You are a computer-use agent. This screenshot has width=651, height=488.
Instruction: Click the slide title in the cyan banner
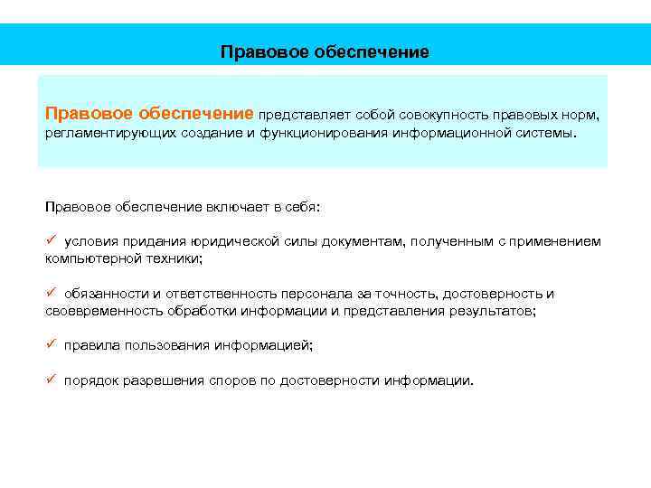point(325,52)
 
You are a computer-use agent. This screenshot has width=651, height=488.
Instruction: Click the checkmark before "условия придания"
point(52,241)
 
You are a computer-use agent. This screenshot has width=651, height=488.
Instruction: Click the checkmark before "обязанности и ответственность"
point(52,293)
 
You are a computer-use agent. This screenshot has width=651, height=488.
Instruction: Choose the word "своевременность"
point(104,311)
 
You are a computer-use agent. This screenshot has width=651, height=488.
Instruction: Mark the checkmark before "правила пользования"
point(52,344)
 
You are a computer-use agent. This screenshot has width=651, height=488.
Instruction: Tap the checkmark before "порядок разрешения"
point(52,379)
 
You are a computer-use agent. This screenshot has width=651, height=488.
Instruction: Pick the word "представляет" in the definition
point(305,116)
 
